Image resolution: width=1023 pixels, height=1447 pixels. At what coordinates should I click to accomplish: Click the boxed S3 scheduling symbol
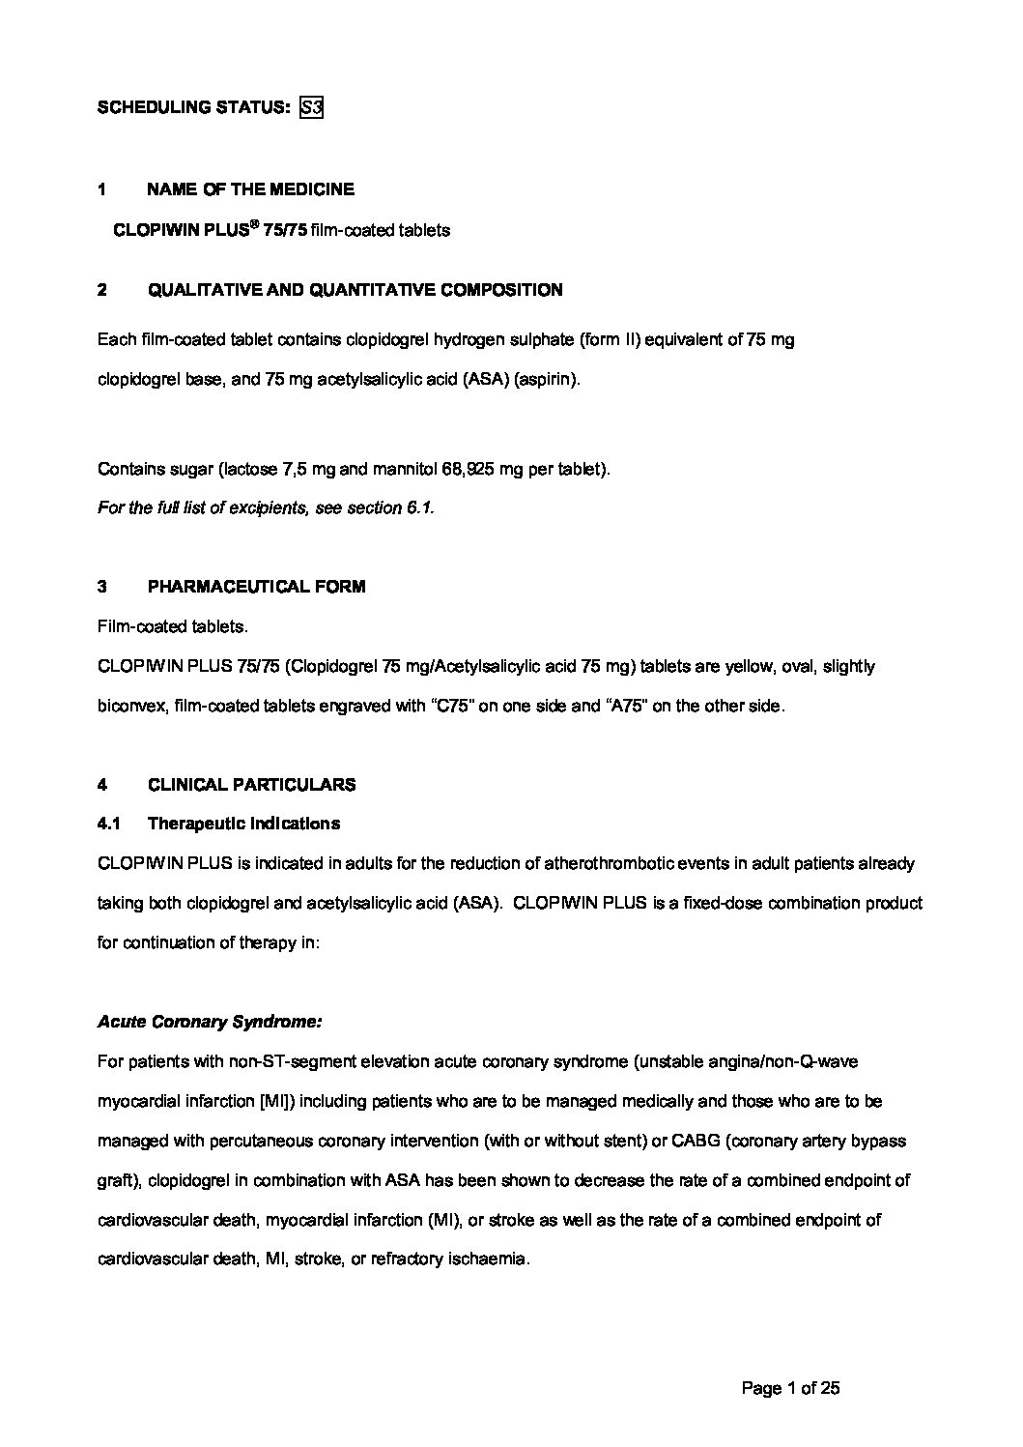pos(311,107)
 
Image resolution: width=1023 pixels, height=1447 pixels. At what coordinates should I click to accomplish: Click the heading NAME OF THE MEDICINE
pos(250,189)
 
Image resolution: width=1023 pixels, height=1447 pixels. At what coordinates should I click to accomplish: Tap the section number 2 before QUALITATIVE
pos(102,290)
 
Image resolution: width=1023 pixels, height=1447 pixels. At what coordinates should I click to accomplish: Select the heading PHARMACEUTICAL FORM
pos(256,587)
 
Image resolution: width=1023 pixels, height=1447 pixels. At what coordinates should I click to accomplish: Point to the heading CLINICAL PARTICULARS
pos(251,785)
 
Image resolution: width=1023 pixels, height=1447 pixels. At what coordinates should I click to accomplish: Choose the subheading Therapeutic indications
pos(243,825)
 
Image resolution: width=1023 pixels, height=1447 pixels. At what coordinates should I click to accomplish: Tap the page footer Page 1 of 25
pos(790,1389)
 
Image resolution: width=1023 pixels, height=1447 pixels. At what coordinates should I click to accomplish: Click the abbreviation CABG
pos(694,1142)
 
